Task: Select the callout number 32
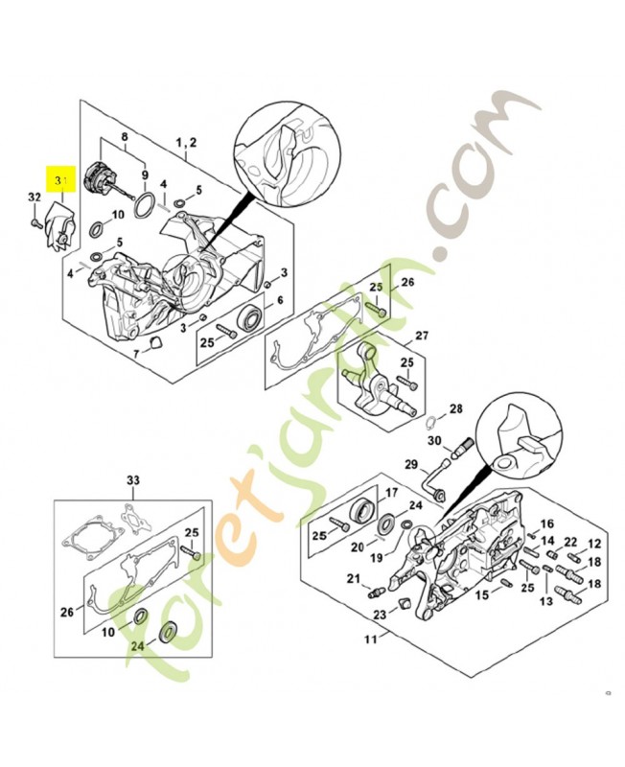coord(34,198)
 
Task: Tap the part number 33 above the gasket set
coord(133,478)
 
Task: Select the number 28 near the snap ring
coord(456,408)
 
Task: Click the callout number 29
coord(411,465)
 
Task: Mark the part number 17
coord(390,493)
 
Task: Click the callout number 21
coord(353,578)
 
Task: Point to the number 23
coord(380,615)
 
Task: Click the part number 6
coord(280,300)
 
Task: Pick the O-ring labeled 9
coord(146,203)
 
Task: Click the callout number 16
coord(547,523)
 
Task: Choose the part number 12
coord(594,543)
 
